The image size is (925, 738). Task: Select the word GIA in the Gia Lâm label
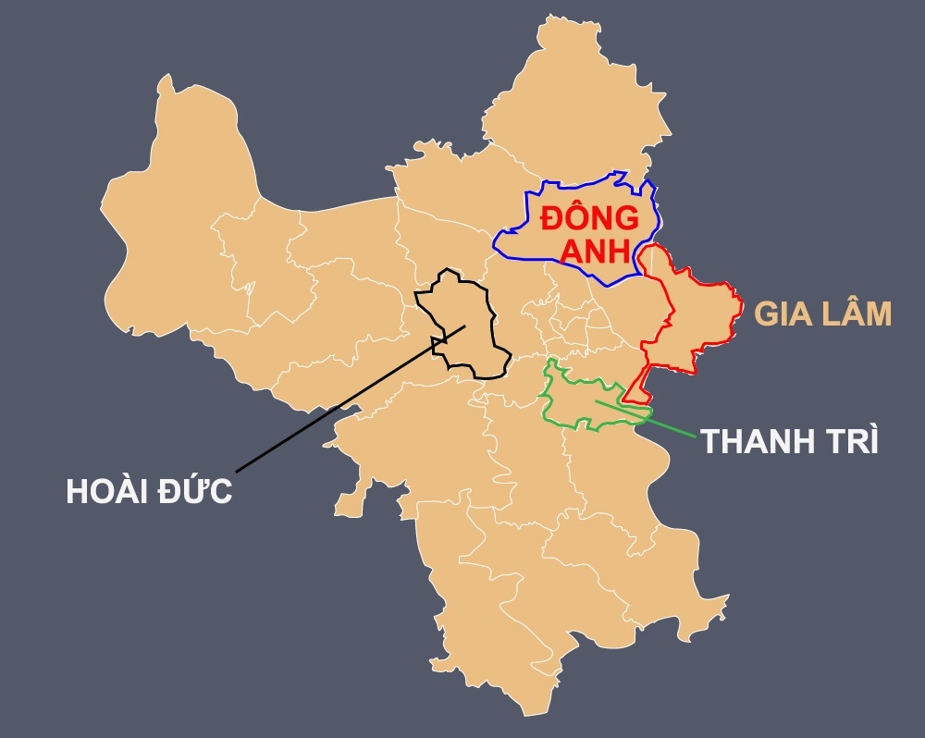[785, 314]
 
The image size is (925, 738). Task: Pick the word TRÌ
[849, 441]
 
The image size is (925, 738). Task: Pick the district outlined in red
[694, 314]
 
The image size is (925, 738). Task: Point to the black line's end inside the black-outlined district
[465, 325]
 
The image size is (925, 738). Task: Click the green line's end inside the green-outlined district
[597, 401]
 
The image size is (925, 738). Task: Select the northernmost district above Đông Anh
[573, 102]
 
